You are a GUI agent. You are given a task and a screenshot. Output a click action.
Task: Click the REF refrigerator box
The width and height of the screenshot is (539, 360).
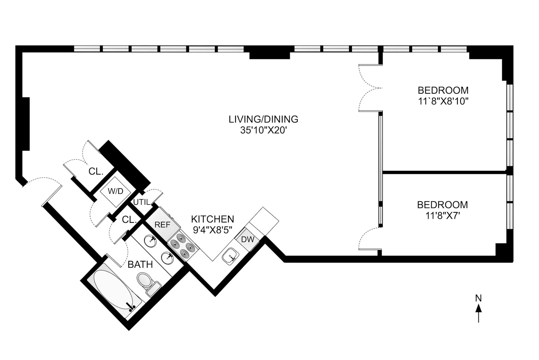(162, 224)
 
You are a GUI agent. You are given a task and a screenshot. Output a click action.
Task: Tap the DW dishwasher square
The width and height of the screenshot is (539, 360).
(248, 239)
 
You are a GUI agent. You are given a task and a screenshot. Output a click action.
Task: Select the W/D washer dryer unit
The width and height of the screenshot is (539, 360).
(116, 191)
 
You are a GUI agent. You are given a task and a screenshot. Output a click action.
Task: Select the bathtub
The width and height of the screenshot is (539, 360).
(113, 291)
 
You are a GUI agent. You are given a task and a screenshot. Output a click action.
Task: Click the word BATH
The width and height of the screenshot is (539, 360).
(140, 265)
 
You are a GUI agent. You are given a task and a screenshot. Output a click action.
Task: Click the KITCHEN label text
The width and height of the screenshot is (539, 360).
(212, 219)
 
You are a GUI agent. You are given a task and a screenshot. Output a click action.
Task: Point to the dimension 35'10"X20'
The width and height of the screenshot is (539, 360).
(263, 130)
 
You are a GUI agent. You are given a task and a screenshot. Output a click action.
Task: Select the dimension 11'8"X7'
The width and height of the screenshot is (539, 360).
(442, 216)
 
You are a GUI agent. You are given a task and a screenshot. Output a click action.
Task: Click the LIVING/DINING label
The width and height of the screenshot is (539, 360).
(263, 119)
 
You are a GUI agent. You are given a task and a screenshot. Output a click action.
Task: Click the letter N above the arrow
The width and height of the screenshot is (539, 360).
(478, 298)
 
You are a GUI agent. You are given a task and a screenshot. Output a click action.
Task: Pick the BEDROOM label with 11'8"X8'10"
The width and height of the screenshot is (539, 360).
(443, 90)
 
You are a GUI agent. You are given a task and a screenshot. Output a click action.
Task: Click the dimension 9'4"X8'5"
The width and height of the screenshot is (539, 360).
(212, 230)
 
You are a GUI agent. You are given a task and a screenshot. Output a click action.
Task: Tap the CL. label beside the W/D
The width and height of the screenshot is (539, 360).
(96, 172)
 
